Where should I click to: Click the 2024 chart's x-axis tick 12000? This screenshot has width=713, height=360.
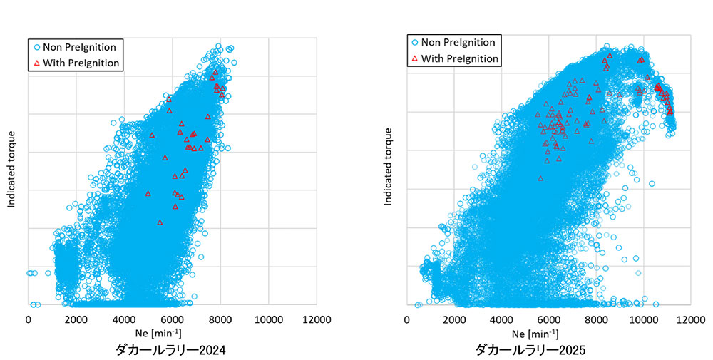(x=316, y=319)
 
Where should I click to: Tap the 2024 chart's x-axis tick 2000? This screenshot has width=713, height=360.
(x=76, y=319)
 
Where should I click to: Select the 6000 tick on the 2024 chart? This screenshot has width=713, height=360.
(x=172, y=319)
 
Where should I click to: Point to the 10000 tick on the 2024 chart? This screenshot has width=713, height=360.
(x=268, y=319)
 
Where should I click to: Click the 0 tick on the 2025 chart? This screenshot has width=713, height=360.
(x=406, y=319)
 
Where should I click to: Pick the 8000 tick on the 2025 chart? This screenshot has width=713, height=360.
(x=596, y=319)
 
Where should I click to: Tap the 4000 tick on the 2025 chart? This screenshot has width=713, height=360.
(x=501, y=319)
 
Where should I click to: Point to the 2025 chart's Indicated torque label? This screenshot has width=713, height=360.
(x=389, y=167)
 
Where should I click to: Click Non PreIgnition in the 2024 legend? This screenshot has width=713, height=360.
(x=79, y=47)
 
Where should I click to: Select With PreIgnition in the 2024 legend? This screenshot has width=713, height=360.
(x=81, y=63)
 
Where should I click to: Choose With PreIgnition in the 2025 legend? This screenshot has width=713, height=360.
(x=459, y=58)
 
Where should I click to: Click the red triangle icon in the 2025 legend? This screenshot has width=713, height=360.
(x=414, y=58)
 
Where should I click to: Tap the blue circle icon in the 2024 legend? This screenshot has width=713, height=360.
(x=36, y=47)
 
